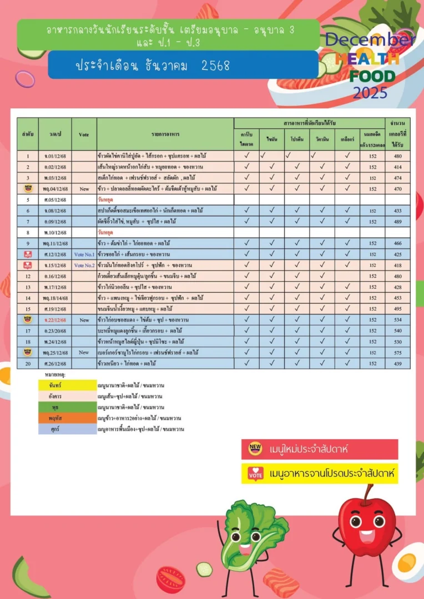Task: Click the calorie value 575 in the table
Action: (x=398, y=352)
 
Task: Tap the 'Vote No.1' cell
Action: (x=84, y=254)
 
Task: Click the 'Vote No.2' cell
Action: (x=84, y=265)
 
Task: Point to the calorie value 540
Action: (x=398, y=331)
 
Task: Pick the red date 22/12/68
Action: (x=55, y=319)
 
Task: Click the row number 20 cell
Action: (x=27, y=363)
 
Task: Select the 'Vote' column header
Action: (x=84, y=134)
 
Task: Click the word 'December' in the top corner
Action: (x=370, y=39)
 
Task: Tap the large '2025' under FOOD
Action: (x=370, y=93)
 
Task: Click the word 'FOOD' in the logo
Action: (x=372, y=76)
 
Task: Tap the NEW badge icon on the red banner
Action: (x=255, y=448)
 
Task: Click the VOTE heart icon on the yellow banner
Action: (x=255, y=474)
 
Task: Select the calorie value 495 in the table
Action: (x=398, y=308)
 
